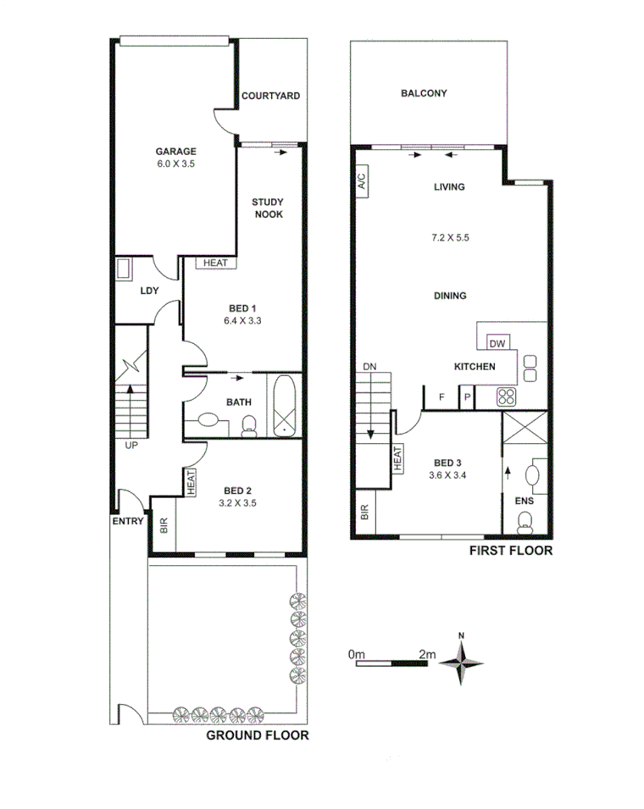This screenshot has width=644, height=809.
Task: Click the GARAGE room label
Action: point(175,151)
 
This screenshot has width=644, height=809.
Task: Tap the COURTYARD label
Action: point(270,97)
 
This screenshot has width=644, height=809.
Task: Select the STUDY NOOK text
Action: point(268,208)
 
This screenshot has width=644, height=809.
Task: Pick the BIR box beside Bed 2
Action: point(164,527)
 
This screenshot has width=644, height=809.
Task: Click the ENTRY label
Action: point(128,521)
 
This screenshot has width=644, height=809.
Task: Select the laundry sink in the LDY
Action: point(124,270)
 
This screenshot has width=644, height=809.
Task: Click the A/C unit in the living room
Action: point(360,181)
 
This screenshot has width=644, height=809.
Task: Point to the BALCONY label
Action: point(424,94)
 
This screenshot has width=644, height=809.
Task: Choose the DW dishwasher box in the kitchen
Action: point(497,343)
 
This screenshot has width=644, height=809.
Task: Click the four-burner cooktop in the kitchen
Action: point(508,396)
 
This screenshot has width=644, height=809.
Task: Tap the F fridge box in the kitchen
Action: point(441,396)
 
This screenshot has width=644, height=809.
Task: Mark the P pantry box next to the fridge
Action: point(466,396)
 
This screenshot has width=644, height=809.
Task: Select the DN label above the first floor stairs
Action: point(369,367)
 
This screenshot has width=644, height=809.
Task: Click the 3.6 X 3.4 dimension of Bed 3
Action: point(449,475)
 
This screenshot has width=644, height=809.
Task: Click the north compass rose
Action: point(461,662)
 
